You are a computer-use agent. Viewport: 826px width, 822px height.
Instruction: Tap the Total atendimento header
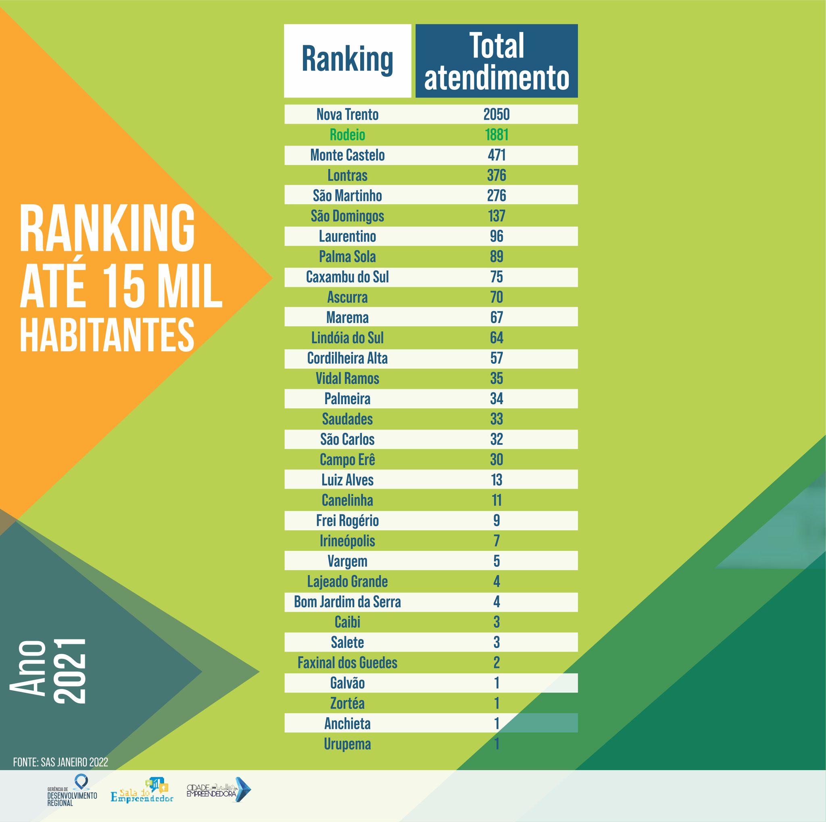[496, 61]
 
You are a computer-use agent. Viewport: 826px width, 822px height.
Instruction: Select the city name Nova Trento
[347, 114]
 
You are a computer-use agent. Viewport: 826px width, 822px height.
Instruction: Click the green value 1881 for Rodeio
[496, 135]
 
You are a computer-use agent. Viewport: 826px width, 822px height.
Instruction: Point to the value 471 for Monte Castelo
[496, 155]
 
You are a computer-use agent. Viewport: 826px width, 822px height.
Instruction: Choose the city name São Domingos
[347, 216]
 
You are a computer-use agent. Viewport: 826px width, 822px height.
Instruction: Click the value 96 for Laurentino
[496, 236]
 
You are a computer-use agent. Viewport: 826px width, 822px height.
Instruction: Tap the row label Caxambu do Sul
[347, 277]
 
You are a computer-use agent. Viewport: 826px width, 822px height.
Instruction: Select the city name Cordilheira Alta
[347, 359]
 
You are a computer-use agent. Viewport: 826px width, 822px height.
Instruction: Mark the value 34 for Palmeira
[496, 399]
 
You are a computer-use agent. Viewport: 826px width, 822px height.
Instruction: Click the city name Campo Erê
[347, 460]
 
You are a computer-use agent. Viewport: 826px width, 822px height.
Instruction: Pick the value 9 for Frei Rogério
[496, 521]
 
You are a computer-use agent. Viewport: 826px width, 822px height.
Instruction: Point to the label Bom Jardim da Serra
[347, 602]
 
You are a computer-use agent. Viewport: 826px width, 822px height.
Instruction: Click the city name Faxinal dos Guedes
[347, 663]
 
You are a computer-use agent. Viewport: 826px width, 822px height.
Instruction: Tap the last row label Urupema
[347, 744]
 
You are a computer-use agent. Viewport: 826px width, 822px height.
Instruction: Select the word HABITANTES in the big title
[107, 336]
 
